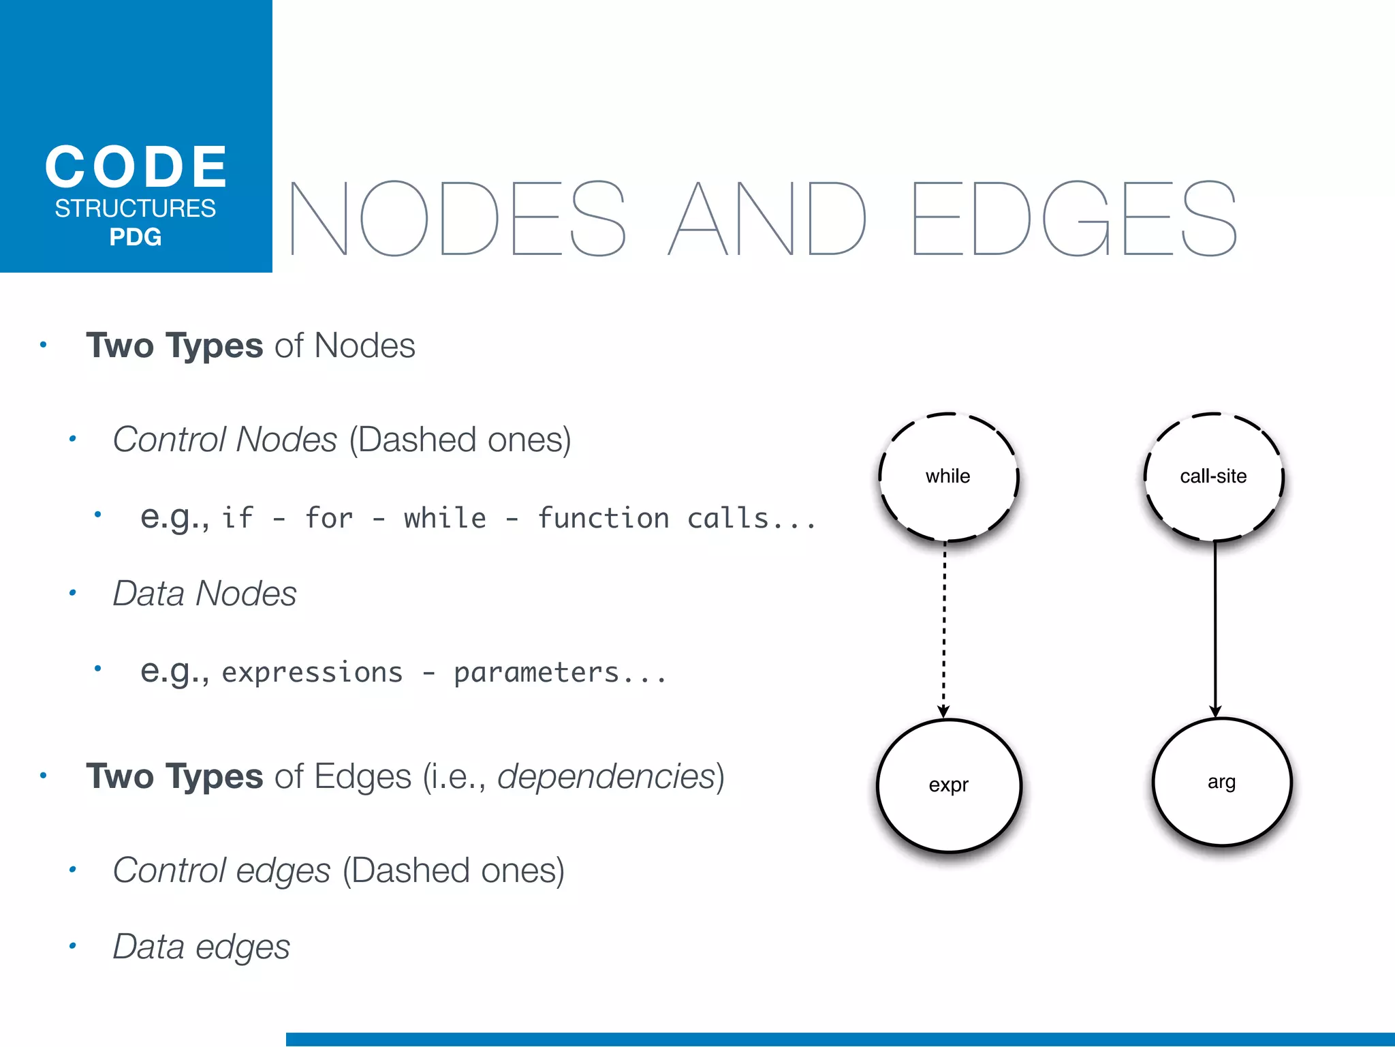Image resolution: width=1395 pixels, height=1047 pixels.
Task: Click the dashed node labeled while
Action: click(948, 476)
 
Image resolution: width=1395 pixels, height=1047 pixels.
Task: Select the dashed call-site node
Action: click(1213, 476)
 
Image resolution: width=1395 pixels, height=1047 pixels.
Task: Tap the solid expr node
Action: click(949, 785)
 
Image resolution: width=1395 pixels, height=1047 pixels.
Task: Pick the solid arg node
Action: click(1222, 783)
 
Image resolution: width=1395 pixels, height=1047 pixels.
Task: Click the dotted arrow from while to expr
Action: click(944, 627)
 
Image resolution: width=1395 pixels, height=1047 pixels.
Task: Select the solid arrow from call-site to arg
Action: click(1215, 627)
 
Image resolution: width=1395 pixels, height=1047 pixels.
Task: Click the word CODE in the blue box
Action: click(136, 167)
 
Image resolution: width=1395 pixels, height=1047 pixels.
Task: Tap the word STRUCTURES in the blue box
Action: click(136, 209)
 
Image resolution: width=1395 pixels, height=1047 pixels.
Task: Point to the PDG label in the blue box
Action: click(136, 237)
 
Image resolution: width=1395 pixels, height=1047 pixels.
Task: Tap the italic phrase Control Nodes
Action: click(225, 440)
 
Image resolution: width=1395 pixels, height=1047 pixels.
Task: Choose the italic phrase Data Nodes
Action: click(204, 594)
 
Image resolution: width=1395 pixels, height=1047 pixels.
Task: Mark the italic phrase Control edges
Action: click(221, 870)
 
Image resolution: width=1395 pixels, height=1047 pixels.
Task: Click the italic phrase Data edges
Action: click(202, 947)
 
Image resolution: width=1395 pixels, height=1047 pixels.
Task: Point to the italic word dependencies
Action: click(606, 776)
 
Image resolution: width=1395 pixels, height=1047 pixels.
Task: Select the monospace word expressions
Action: click(312, 673)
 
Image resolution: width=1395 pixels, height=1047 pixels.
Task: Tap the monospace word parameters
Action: click(537, 673)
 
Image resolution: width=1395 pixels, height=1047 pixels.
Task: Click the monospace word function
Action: click(604, 519)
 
